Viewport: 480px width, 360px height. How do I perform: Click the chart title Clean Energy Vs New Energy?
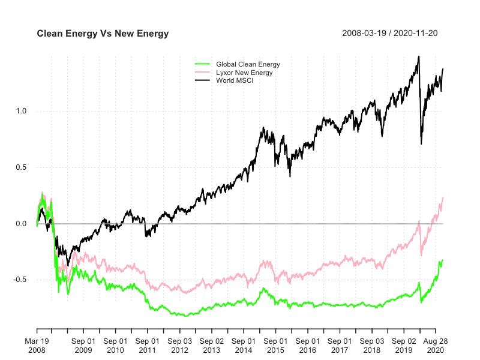tap(103, 34)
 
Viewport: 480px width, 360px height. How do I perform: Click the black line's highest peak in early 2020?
tap(418, 56)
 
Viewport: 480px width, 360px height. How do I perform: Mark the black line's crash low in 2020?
tap(421, 143)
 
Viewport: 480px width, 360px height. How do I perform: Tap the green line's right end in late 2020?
tap(443, 260)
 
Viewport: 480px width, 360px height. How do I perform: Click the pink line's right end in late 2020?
tap(443, 197)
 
